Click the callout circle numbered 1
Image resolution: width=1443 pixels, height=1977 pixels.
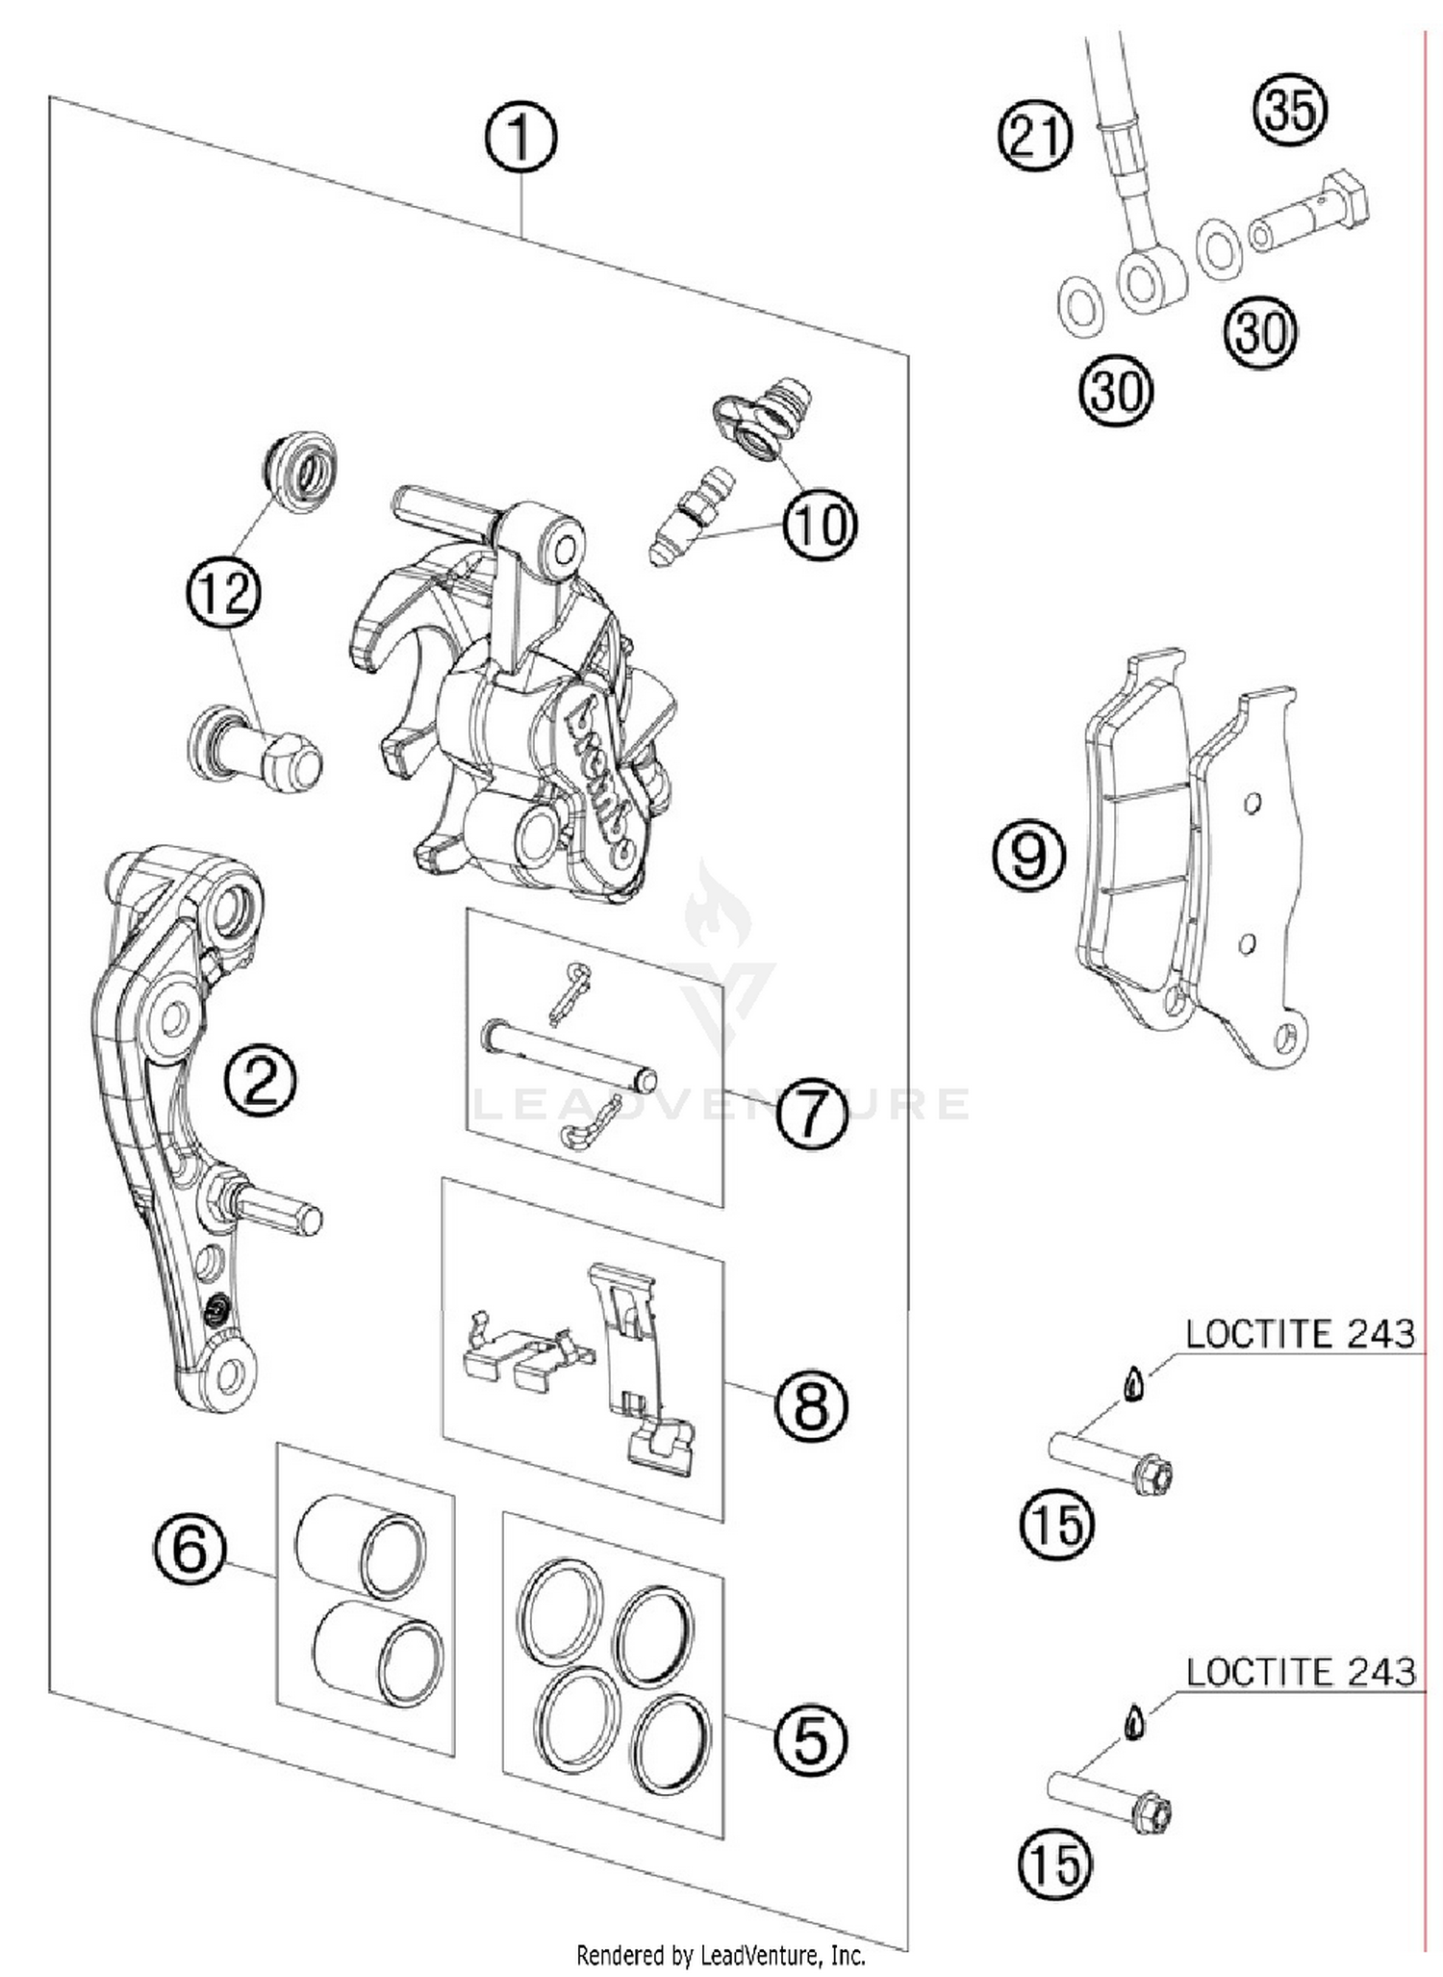519,138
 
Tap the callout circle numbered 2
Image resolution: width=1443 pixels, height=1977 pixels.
260,1079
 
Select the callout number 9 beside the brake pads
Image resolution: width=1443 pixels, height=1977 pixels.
1028,855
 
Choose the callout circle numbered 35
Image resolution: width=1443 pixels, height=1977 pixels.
1290,109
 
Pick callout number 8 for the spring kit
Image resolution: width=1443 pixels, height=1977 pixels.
811,1406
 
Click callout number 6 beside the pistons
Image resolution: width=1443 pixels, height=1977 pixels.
190,1550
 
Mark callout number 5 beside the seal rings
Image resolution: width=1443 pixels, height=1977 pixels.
811,1740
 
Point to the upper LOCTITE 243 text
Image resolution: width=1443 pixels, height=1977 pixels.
1300,1334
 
